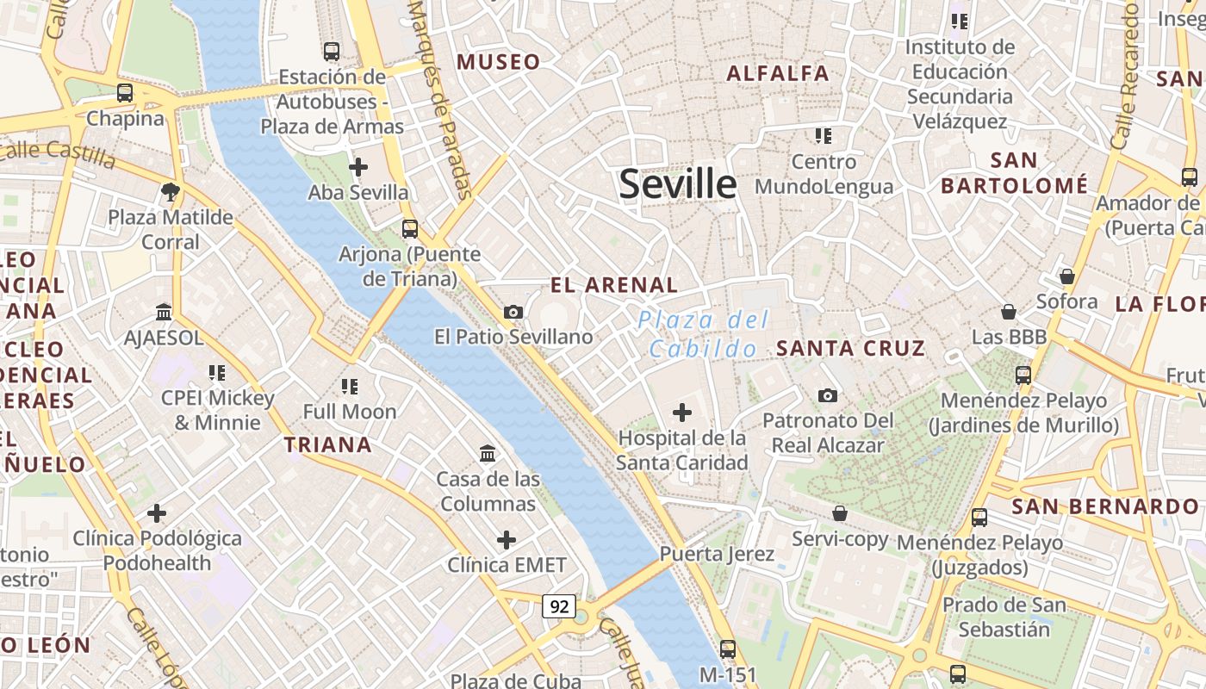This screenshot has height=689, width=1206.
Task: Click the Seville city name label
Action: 678,184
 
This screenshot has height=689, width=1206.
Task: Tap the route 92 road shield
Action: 559,606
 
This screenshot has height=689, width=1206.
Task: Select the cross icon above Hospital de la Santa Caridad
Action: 681,413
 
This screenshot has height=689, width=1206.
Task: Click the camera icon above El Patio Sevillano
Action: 513,312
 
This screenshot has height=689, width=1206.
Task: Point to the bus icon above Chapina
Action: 125,93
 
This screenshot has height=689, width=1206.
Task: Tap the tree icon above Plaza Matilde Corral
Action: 170,191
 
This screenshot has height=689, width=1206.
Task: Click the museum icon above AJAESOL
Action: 164,312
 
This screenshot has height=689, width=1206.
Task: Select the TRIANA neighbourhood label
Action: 328,445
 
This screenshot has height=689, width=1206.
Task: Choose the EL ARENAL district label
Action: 614,285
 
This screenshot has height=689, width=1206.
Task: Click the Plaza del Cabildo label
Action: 704,335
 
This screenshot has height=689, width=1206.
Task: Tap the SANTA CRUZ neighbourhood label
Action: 850,349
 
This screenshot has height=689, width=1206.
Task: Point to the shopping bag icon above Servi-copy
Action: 840,514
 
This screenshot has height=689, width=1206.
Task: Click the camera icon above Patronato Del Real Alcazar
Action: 828,395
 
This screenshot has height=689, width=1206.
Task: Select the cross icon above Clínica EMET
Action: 507,540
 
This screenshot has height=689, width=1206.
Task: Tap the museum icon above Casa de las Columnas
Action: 488,453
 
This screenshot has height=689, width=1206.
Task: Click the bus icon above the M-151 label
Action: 728,649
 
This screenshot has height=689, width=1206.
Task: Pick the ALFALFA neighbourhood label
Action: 778,74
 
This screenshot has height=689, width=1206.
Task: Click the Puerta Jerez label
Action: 717,554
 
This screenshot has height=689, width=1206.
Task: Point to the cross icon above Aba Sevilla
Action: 358,167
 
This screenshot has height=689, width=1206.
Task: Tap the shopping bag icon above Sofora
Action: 1066,276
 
